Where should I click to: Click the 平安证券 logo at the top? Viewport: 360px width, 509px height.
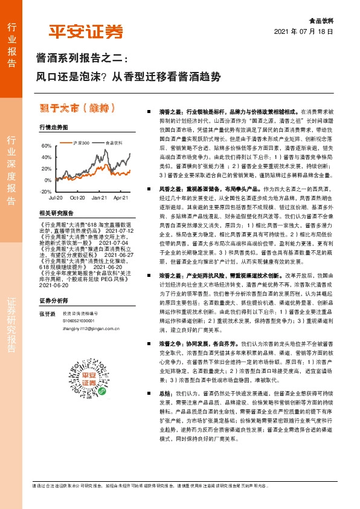pos(85,31)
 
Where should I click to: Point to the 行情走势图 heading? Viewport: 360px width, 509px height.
pos(53,127)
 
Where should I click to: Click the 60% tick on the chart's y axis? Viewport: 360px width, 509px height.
pos(46,146)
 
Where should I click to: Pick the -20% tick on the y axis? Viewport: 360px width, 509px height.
pos(45,191)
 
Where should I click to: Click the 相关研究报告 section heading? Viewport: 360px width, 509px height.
pos(56,213)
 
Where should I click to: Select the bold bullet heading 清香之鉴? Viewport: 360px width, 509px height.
pos(171,112)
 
